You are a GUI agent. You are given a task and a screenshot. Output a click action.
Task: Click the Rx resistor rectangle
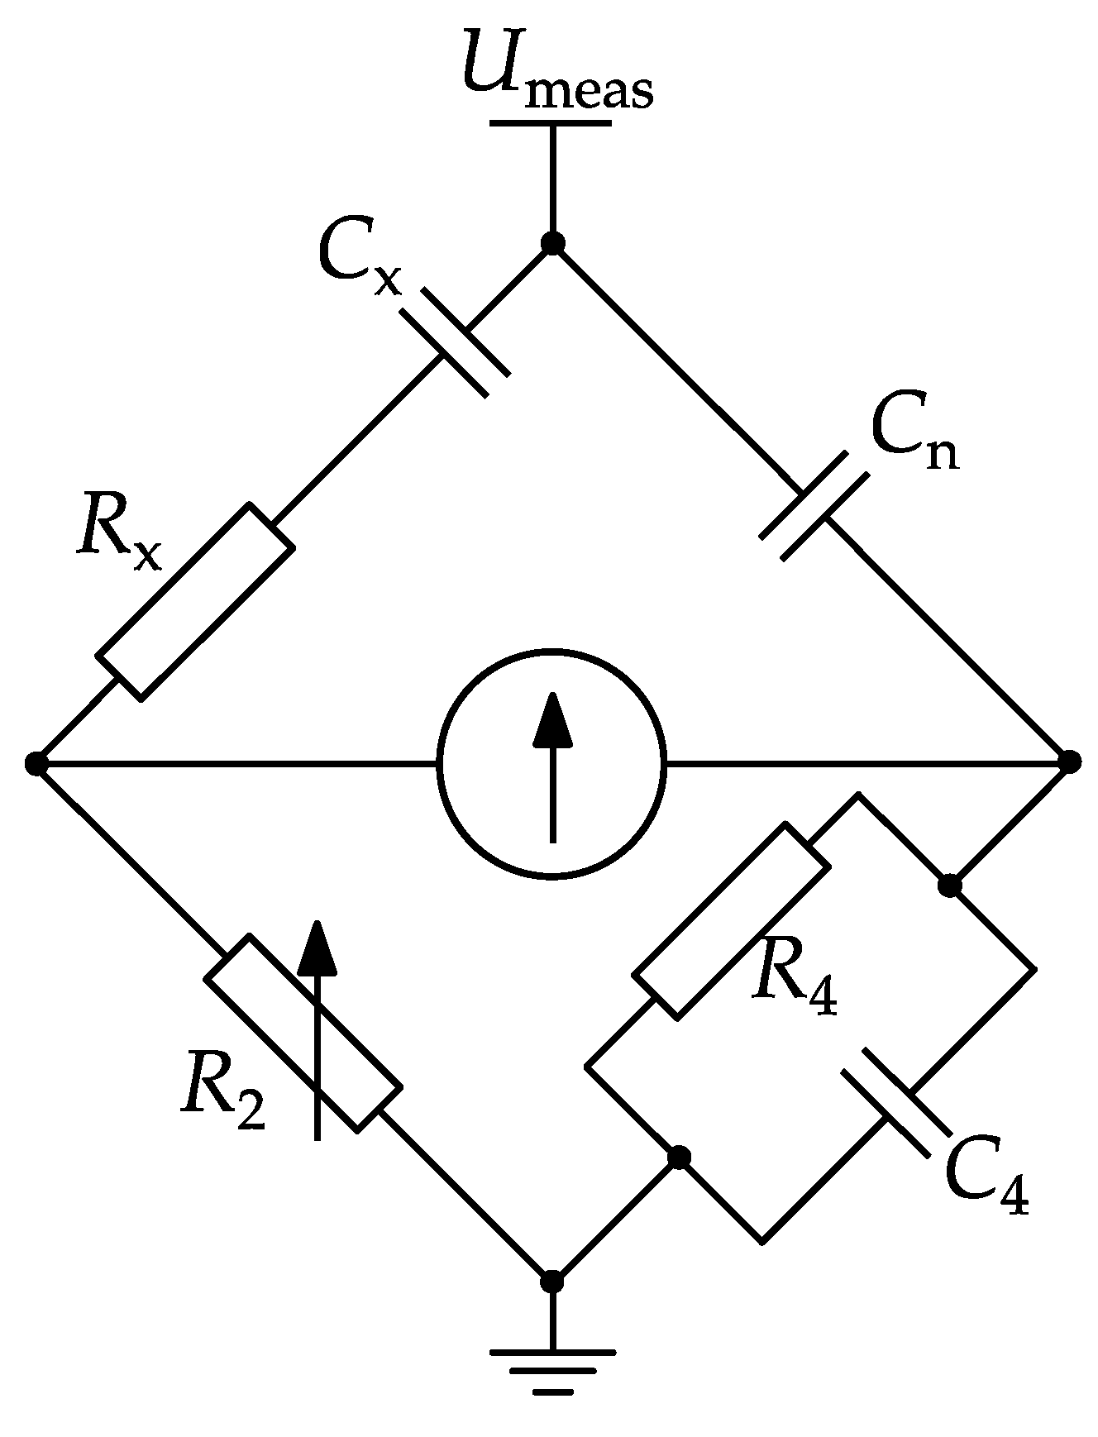click(x=195, y=601)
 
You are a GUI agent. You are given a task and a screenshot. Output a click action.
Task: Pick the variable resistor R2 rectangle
click(x=303, y=1033)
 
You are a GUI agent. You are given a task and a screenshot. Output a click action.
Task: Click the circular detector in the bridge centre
click(x=552, y=762)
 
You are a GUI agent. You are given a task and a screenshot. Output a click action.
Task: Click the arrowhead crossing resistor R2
click(x=317, y=948)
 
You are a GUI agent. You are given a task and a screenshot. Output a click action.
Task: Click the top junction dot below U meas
click(x=552, y=243)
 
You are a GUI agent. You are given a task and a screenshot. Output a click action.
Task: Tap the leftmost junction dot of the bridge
click(x=35, y=762)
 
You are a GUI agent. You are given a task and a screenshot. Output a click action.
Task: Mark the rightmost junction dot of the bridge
click(x=1070, y=761)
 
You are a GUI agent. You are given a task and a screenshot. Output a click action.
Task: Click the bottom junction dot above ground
click(x=552, y=1282)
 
